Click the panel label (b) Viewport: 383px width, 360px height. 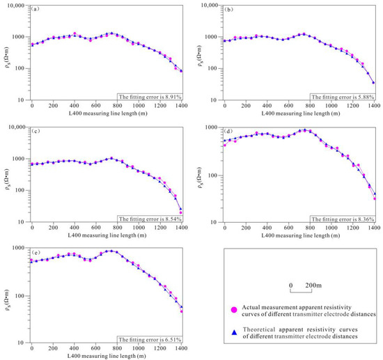point(230,9)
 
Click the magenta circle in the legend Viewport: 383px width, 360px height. point(234,310)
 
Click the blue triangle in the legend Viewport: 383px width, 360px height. point(234,332)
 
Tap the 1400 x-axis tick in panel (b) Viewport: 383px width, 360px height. point(375,107)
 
